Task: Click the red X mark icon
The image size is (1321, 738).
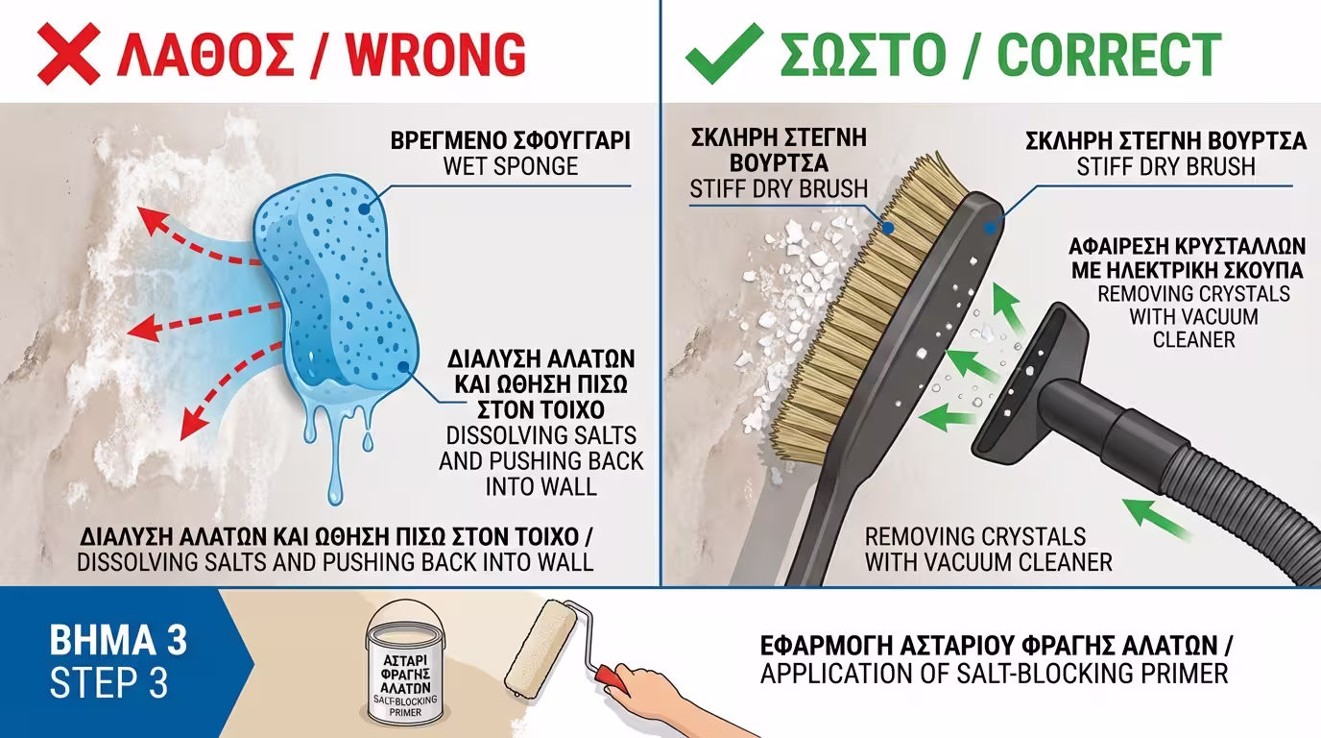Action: coord(68,53)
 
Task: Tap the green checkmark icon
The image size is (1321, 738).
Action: coord(724,53)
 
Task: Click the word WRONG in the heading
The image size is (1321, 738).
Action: coord(435,55)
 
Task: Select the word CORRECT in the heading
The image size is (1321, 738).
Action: coord(1109,55)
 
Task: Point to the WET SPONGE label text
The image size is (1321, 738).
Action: coord(511,166)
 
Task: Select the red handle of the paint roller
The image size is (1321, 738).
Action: coord(611,679)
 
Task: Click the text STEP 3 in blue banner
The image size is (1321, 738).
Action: coord(109,683)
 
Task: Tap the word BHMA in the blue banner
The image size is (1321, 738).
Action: coord(94,640)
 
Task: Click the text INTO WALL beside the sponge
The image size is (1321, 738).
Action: coord(540,487)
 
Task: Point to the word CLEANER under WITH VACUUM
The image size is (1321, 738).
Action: coord(1193,340)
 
